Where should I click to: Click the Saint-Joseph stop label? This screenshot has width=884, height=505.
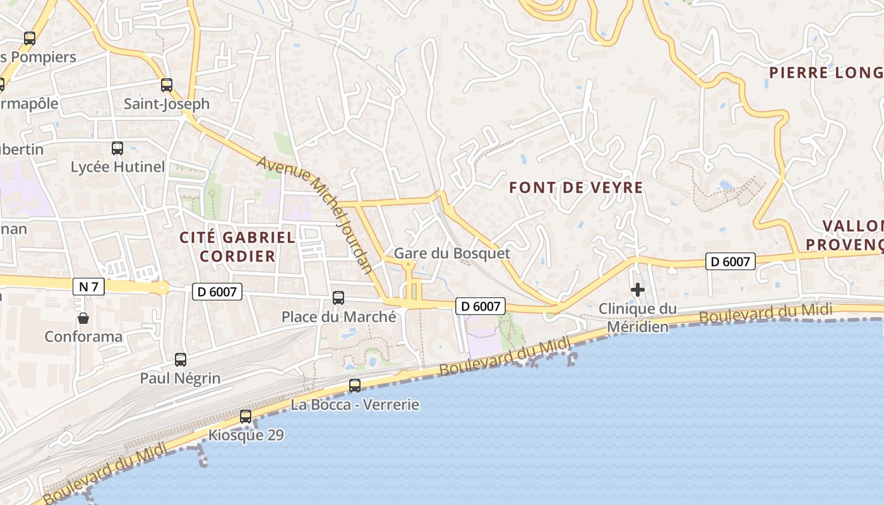(166, 104)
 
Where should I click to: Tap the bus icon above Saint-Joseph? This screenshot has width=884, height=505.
(167, 85)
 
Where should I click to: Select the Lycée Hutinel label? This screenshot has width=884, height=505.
(117, 167)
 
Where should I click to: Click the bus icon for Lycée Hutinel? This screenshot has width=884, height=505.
(117, 148)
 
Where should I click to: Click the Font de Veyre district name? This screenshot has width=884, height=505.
(575, 187)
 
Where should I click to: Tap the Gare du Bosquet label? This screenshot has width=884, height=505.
(451, 253)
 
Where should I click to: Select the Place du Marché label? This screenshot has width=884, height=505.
(338, 316)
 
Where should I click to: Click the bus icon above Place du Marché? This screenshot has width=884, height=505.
(338, 297)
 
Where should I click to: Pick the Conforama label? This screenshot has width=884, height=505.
(83, 336)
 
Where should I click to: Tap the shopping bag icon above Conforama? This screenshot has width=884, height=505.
(83, 318)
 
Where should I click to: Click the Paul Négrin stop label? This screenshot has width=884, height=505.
(180, 378)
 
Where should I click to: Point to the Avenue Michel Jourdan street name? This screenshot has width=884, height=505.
(315, 214)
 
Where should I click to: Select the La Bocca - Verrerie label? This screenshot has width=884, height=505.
(355, 404)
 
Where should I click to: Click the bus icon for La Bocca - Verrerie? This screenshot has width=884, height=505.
(355, 385)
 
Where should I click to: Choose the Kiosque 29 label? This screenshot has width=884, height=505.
(246, 435)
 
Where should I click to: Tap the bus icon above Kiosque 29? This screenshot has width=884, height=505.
(246, 417)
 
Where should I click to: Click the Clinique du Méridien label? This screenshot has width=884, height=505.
(637, 318)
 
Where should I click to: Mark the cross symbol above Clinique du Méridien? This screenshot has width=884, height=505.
(638, 290)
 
